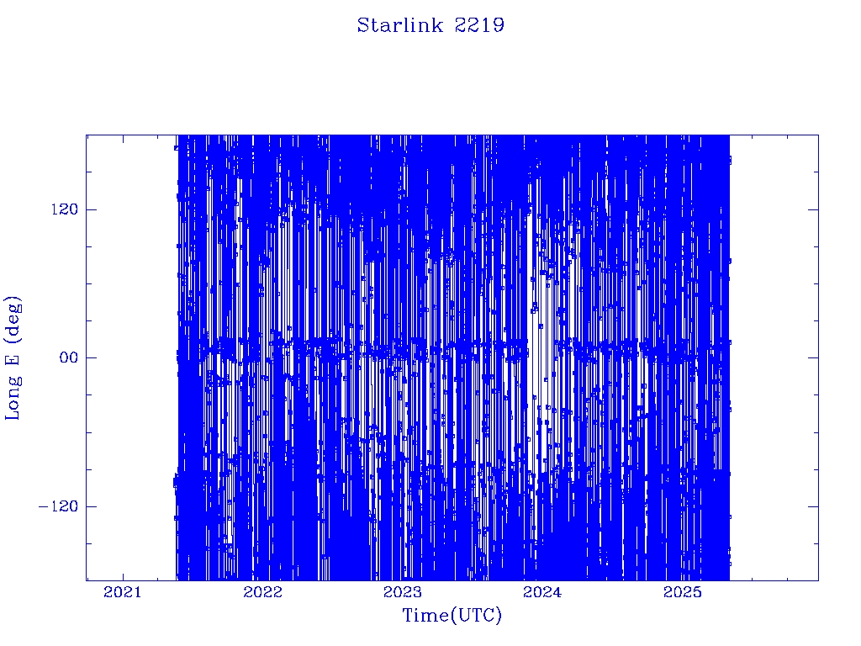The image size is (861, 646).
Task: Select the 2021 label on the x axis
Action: coord(123,592)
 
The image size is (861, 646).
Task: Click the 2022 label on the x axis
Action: coord(262,592)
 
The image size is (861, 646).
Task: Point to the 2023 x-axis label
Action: coord(403,592)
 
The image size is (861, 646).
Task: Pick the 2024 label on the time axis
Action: coord(542,592)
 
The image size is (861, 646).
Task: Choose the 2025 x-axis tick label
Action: coord(683,592)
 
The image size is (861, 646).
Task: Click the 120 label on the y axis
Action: coord(65,209)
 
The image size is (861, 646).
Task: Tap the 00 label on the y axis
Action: coord(69,357)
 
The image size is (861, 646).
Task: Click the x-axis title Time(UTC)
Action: coord(452,615)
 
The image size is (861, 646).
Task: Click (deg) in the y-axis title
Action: coord(13,319)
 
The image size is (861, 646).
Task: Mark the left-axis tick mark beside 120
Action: coord(91,209)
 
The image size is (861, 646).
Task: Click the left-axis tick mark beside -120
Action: coord(91,506)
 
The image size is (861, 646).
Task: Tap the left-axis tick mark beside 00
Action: coord(91,357)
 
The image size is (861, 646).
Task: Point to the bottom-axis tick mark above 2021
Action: coord(123,575)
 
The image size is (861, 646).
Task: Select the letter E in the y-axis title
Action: coord(12,359)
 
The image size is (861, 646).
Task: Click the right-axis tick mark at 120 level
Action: coord(813,209)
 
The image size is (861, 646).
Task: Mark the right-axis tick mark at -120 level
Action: coord(813,506)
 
